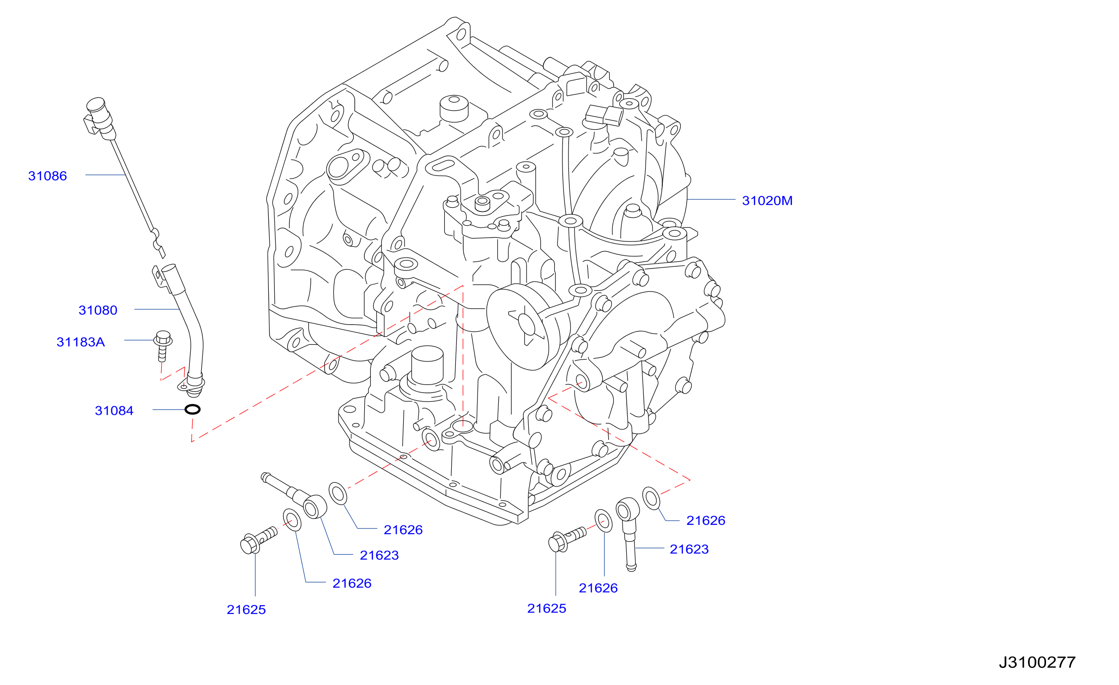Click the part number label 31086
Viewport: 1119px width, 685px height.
tap(48, 176)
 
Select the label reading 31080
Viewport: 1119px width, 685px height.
tap(98, 310)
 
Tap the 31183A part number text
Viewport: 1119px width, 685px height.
tap(80, 342)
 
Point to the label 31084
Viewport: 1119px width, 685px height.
tap(114, 411)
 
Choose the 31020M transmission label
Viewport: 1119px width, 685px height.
tap(767, 201)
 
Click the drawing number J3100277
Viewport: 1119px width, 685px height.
tap(1037, 662)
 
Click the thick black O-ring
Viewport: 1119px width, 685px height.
tap(193, 409)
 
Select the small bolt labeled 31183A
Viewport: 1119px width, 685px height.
tap(163, 346)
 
